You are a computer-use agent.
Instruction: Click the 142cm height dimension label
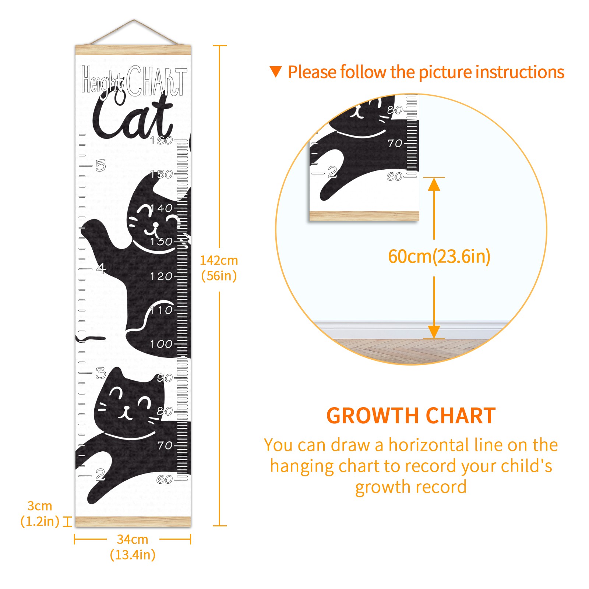(x=219, y=268)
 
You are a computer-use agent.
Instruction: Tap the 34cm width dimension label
(x=133, y=547)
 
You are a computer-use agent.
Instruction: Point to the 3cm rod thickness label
(x=40, y=514)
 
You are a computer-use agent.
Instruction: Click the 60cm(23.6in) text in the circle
(x=439, y=257)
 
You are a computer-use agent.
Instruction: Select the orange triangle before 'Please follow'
(x=276, y=72)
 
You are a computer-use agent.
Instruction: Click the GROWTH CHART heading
(x=411, y=416)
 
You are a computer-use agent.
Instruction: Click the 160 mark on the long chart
(x=161, y=140)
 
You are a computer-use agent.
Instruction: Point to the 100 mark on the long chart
(x=161, y=344)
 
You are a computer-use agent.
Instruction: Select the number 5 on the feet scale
(x=100, y=166)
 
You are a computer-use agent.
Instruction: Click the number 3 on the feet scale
(x=100, y=373)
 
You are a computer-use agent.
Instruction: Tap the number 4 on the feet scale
(x=101, y=268)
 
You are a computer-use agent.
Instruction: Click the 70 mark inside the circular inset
(x=395, y=143)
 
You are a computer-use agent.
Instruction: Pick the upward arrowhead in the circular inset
(x=434, y=184)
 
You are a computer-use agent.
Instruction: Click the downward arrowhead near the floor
(x=434, y=332)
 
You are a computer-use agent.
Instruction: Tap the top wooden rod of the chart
(x=133, y=50)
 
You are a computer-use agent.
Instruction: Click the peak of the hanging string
(x=134, y=20)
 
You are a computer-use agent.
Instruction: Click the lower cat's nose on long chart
(x=126, y=408)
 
